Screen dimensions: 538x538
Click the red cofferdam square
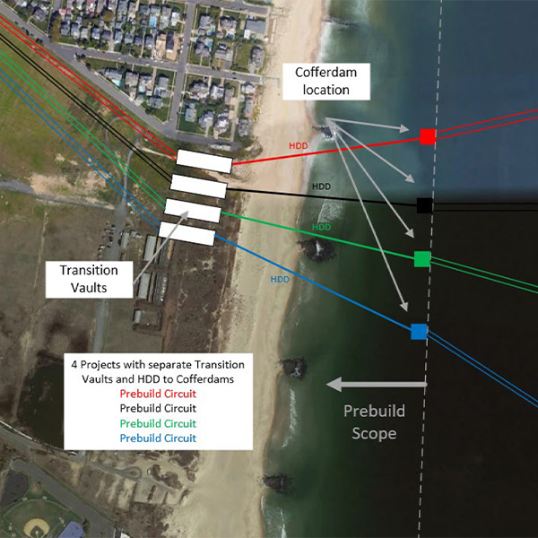click(x=428, y=136)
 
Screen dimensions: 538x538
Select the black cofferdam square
click(x=425, y=205)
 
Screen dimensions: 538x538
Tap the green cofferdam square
click(x=421, y=259)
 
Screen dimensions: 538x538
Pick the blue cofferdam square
click(x=419, y=331)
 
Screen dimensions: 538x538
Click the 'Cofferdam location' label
click(x=328, y=81)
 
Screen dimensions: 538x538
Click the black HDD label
click(x=321, y=187)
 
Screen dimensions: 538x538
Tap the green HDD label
click(x=321, y=228)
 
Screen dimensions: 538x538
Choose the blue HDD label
click(x=281, y=280)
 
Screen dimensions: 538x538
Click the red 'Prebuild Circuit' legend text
click(x=158, y=394)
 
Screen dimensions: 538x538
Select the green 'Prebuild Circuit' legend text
click(x=158, y=423)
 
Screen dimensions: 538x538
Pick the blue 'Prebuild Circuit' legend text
click(x=158, y=438)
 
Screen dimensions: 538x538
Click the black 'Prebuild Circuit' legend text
click(x=158, y=408)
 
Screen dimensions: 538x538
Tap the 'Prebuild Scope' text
click(x=376, y=421)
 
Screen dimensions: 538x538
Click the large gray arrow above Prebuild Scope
click(x=376, y=385)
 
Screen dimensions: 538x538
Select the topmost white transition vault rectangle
click(x=204, y=161)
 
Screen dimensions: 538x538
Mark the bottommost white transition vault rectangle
click(x=187, y=234)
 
